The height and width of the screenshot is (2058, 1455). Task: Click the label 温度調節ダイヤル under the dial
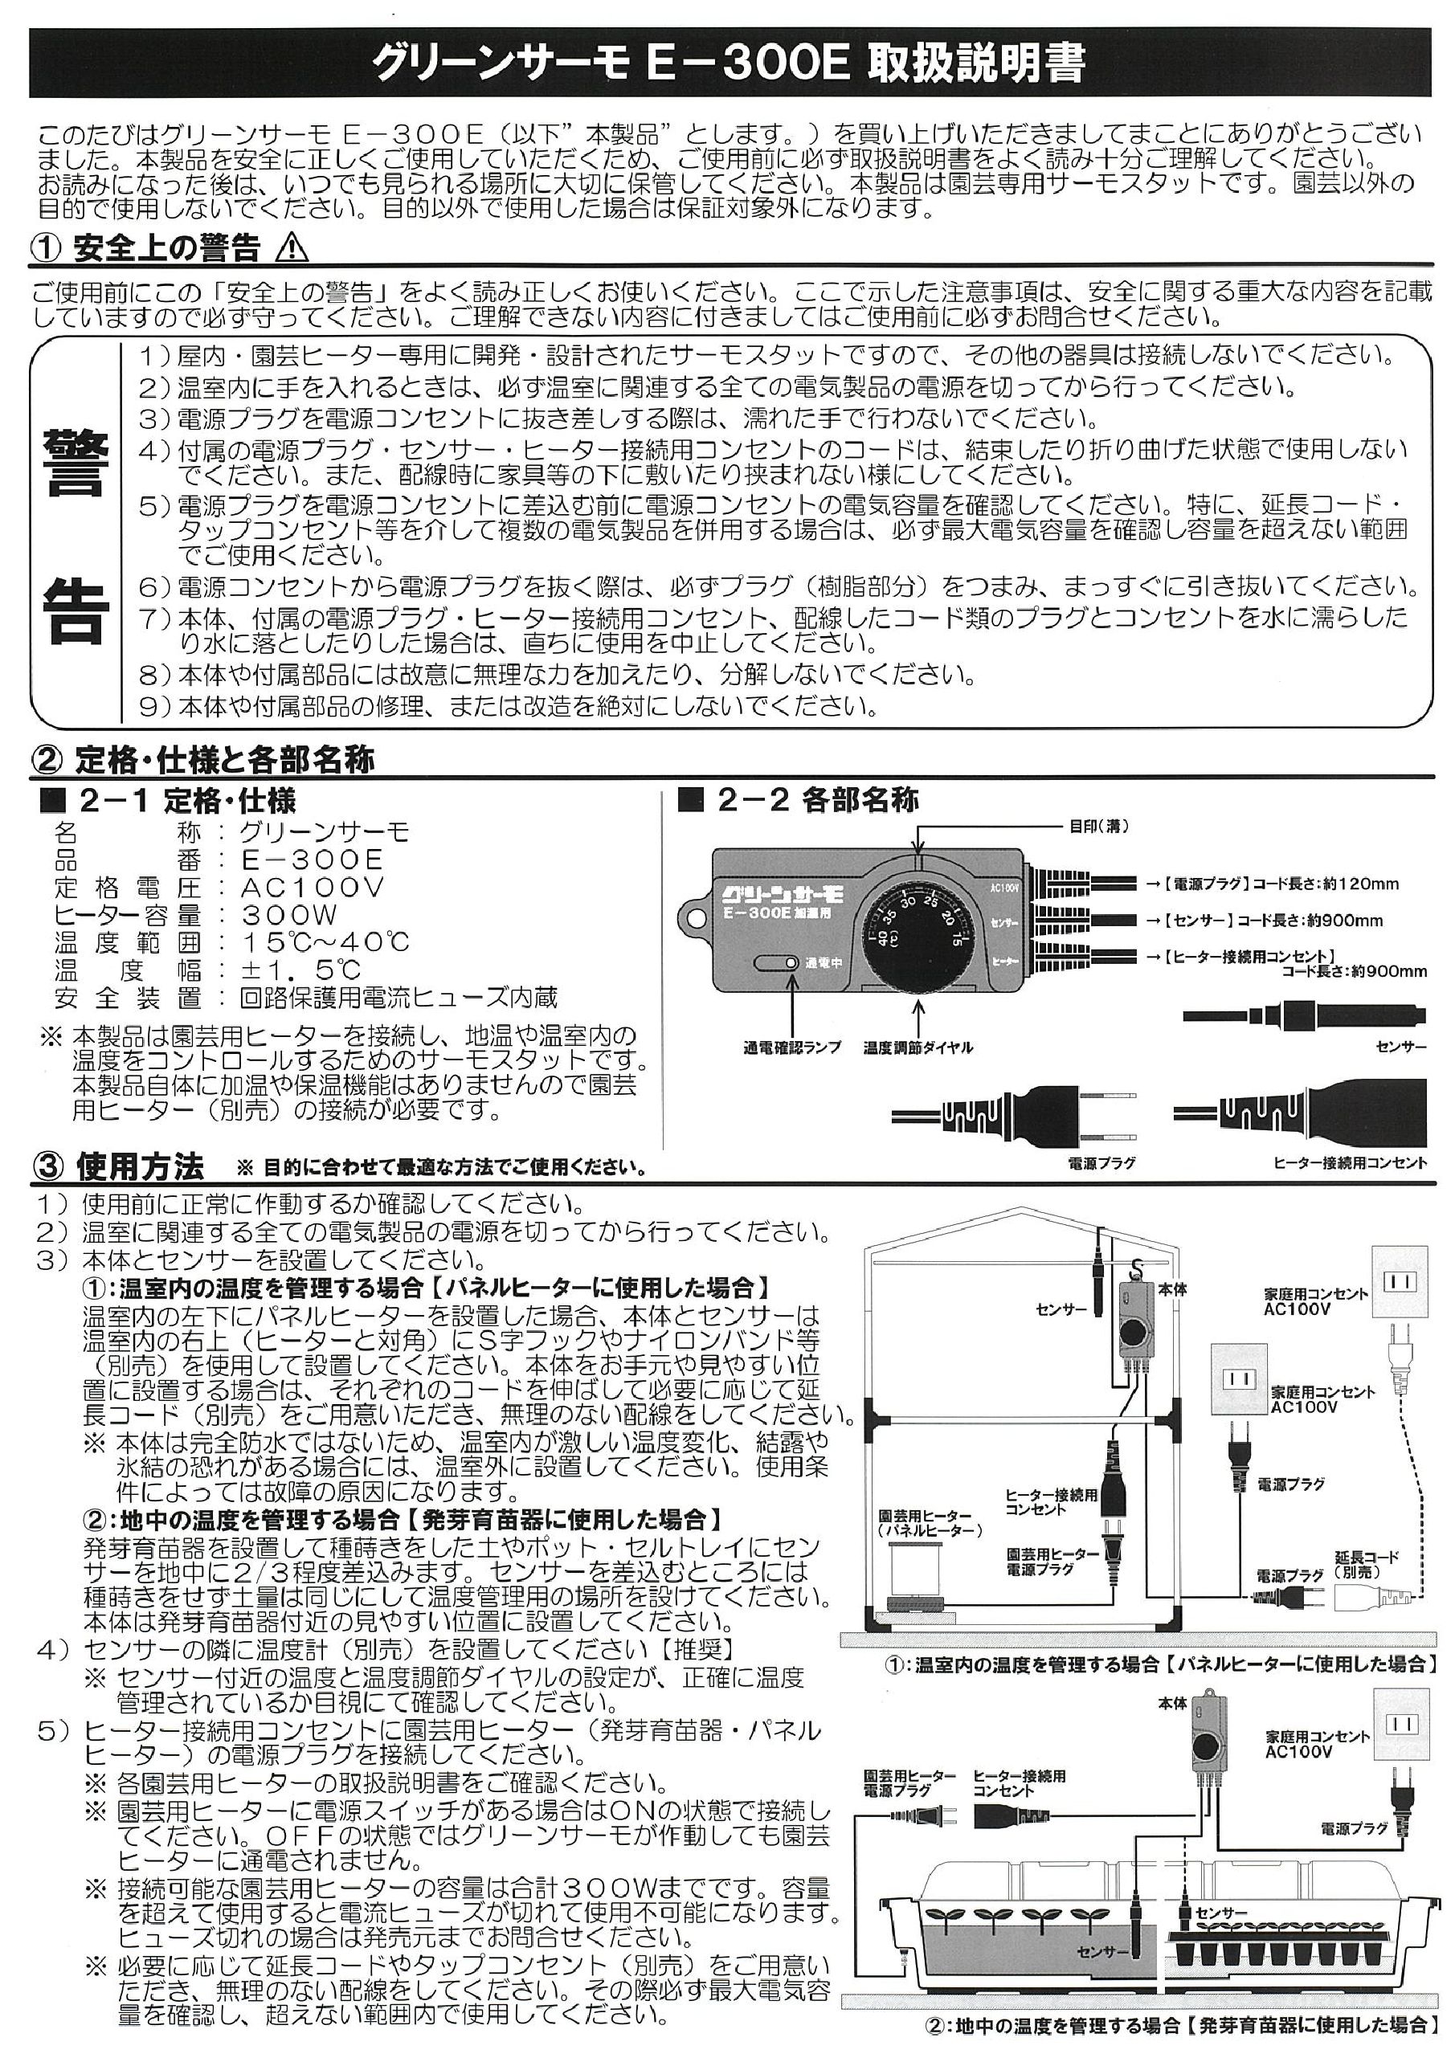[917, 1047]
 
